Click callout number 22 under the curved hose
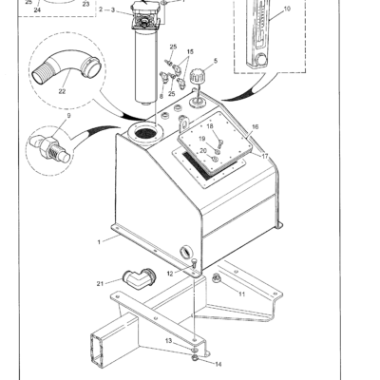(x=62, y=91)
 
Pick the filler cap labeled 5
(x=199, y=73)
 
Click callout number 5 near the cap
(x=215, y=61)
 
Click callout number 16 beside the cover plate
(x=255, y=126)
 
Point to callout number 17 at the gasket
(x=266, y=156)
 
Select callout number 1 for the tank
(x=99, y=242)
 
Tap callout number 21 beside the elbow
(x=100, y=282)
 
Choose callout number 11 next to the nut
(x=241, y=294)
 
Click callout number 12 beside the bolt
(x=170, y=274)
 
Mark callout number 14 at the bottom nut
(x=218, y=363)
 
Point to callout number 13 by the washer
(x=168, y=340)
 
